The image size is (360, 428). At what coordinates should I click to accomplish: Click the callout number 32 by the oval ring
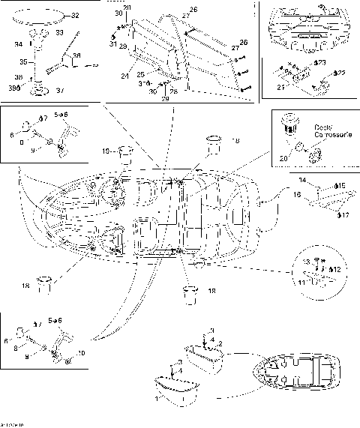pos(73,15)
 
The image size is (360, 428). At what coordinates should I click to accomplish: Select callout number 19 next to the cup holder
pos(107,151)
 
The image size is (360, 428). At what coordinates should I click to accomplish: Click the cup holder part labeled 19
pos(124,154)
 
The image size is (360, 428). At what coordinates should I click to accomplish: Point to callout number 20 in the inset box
pos(282,158)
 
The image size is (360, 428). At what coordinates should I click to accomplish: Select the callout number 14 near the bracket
pos(303,180)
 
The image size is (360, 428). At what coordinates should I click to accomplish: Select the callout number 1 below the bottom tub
pos(155,400)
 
